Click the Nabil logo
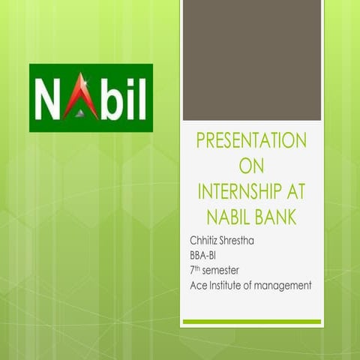point(91,98)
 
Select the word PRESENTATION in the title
point(250,141)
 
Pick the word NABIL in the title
point(224,217)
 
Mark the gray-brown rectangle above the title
point(252,60)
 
